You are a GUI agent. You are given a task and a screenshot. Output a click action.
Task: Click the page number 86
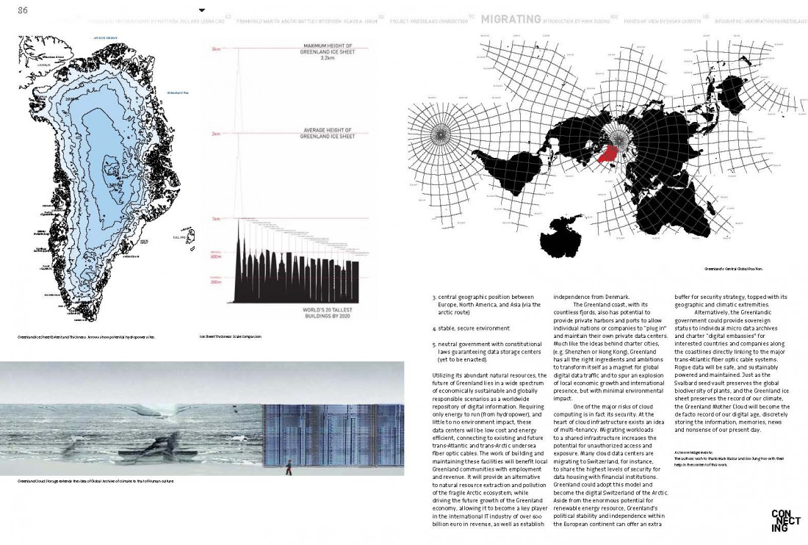(22, 10)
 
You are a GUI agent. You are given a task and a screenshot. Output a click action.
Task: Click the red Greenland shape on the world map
(608, 153)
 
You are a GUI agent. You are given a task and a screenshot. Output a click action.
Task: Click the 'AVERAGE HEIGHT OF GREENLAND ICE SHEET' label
(328, 134)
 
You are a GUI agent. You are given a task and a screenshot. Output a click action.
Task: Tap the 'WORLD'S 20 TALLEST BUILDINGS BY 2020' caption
(329, 313)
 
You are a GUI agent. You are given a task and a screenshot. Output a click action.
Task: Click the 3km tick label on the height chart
(216, 49)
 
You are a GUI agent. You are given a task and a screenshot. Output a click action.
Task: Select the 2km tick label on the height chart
(216, 134)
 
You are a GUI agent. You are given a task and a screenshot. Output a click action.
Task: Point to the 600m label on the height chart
(215, 256)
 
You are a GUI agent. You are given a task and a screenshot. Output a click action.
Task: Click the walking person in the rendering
(289, 466)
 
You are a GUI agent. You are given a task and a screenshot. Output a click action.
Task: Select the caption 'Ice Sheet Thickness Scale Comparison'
(231, 337)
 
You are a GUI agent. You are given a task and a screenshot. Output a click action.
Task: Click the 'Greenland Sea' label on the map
(177, 93)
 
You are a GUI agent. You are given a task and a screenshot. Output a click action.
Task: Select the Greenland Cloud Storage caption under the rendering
(96, 482)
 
